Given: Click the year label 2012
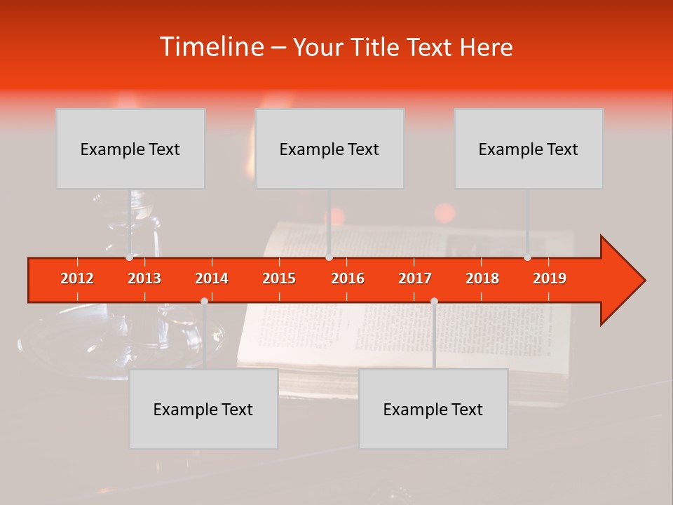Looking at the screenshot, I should pyautogui.click(x=77, y=278).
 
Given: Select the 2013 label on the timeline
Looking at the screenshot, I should pyautogui.click(x=144, y=278).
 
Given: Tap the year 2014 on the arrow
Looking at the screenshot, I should pyautogui.click(x=212, y=278).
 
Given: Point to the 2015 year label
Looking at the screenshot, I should pyautogui.click(x=279, y=278).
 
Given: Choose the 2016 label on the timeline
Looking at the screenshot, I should pyautogui.click(x=348, y=278).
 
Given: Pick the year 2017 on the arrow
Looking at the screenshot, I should pyautogui.click(x=415, y=278).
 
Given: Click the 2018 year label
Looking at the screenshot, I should pyautogui.click(x=482, y=278).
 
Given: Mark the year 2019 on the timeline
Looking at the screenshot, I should pyautogui.click(x=550, y=278).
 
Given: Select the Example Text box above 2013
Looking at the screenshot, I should pyautogui.click(x=130, y=149).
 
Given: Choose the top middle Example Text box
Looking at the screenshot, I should pyautogui.click(x=329, y=149).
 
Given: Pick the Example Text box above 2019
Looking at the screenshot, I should pyautogui.click(x=529, y=149).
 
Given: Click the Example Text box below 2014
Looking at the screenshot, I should pyautogui.click(x=203, y=409).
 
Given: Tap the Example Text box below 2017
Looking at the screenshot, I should pyautogui.click(x=433, y=409).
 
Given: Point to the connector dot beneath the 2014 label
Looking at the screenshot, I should pyautogui.click(x=204, y=301).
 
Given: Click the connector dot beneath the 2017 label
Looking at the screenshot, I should pyautogui.click(x=434, y=301).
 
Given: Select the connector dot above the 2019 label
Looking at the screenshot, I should pyautogui.click(x=527, y=257).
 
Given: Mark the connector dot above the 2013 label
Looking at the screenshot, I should pyautogui.click(x=129, y=257).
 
